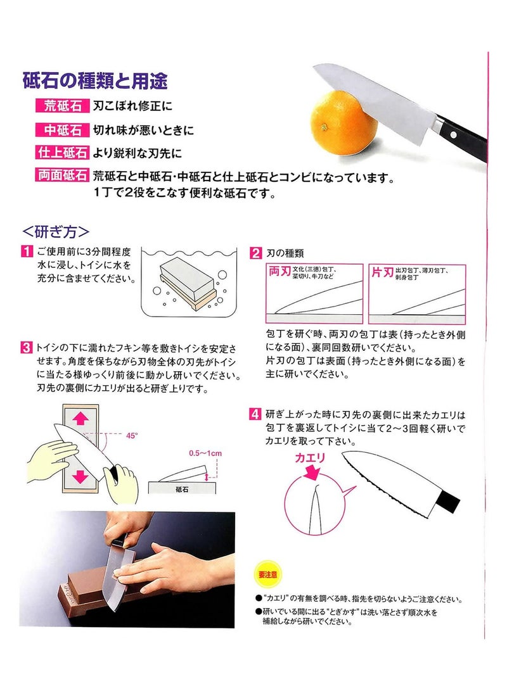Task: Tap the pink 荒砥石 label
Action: click(63, 106)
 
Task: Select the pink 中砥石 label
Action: click(63, 130)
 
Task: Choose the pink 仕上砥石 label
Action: click(63, 153)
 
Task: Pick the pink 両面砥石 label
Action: click(63, 175)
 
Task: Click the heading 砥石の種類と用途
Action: click(95, 80)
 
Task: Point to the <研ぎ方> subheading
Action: click(56, 231)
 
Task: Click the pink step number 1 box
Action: click(27, 251)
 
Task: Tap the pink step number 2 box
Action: click(255, 253)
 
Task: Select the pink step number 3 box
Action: click(27, 347)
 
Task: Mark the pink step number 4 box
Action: click(255, 414)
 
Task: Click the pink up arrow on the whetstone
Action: click(80, 418)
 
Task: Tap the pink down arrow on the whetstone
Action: click(80, 476)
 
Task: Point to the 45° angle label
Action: click(132, 436)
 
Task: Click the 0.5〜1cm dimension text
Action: click(205, 453)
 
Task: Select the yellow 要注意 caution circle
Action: click(267, 574)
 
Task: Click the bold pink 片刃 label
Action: click(382, 272)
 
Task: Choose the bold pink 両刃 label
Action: click(279, 272)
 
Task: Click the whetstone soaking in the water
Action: click(188, 282)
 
